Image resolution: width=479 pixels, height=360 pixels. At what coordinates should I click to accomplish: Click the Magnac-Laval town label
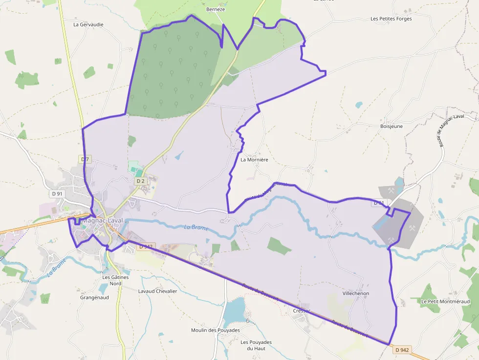coord(102,220)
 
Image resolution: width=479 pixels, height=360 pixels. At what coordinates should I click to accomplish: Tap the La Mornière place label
coord(254,160)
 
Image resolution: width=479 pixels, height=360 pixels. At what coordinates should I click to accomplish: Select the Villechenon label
coord(356,293)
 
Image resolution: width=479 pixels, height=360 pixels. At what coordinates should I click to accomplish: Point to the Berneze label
coord(216,9)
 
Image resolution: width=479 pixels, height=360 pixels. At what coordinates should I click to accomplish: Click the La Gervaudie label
coord(88,24)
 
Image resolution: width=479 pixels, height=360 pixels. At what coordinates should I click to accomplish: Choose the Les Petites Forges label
coord(391,19)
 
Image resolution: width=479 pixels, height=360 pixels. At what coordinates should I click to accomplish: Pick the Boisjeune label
coord(392,126)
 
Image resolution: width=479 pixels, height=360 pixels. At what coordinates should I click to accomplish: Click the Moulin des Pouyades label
coord(216,330)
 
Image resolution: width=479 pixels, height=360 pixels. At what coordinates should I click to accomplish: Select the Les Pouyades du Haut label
coord(256,345)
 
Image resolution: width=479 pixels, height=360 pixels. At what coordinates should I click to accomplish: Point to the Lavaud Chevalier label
coord(157,291)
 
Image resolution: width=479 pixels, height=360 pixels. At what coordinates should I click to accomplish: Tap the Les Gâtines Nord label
coord(115,280)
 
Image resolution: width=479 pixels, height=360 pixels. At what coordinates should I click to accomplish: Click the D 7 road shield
coord(85,159)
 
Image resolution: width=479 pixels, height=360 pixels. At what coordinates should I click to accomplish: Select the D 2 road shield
coord(141,181)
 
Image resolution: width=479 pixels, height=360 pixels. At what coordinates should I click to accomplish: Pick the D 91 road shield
coord(57,193)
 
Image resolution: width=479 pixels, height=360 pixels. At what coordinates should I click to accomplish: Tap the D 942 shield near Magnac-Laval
coord(146,247)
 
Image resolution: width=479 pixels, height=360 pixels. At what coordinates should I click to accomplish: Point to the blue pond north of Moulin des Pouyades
coord(235,311)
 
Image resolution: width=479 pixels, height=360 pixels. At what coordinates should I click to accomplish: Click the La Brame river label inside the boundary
coord(196,228)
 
